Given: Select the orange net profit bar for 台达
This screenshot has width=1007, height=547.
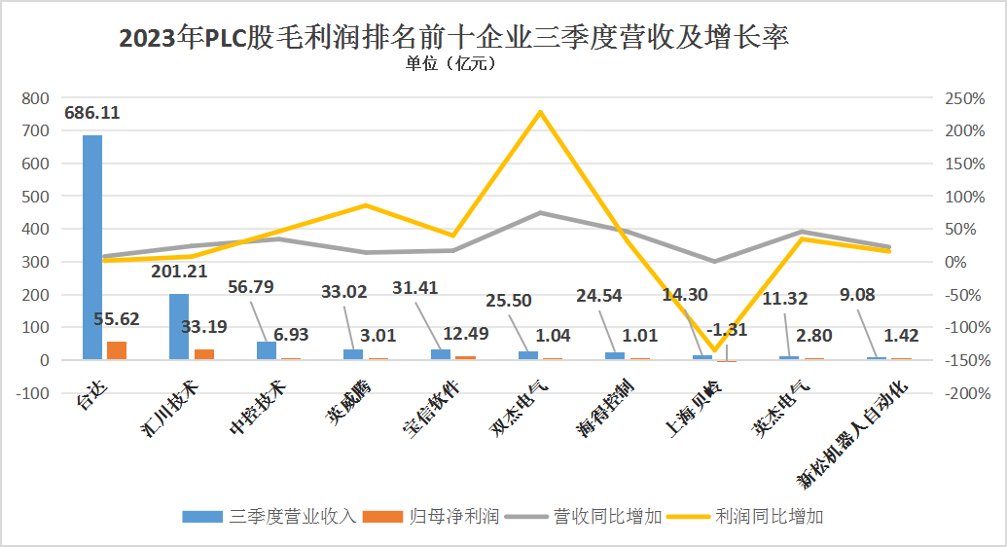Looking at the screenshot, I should [117, 350].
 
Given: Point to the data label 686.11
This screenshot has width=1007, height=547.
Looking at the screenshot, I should [92, 113].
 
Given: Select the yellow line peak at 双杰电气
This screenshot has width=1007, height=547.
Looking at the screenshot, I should [540, 112].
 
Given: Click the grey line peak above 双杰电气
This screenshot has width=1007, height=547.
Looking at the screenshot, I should [540, 212].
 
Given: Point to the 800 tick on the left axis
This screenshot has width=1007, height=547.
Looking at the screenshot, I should [35, 98].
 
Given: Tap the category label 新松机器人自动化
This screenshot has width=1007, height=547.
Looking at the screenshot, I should [854, 433].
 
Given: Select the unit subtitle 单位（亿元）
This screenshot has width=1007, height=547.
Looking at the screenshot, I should [450, 65].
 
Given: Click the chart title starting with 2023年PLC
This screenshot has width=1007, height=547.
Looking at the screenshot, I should [453, 37].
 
